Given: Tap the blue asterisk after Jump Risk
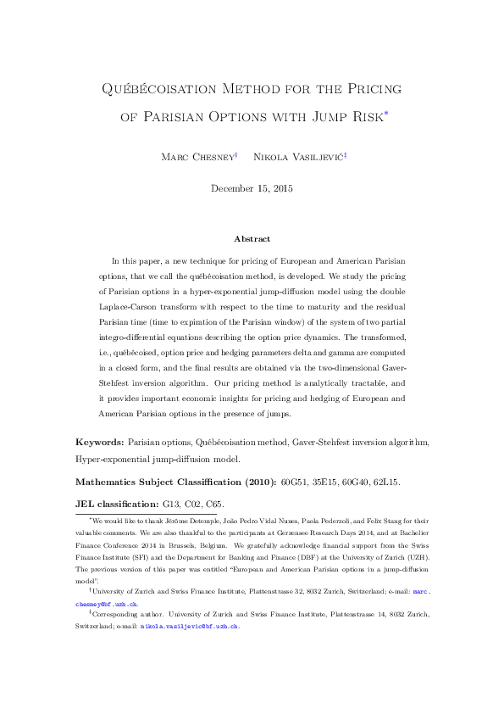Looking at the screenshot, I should click(x=385, y=110).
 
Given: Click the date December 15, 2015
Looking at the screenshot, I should click(x=252, y=188).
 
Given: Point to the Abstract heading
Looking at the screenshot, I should click(x=252, y=240).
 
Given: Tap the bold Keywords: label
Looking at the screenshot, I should click(x=100, y=443).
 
